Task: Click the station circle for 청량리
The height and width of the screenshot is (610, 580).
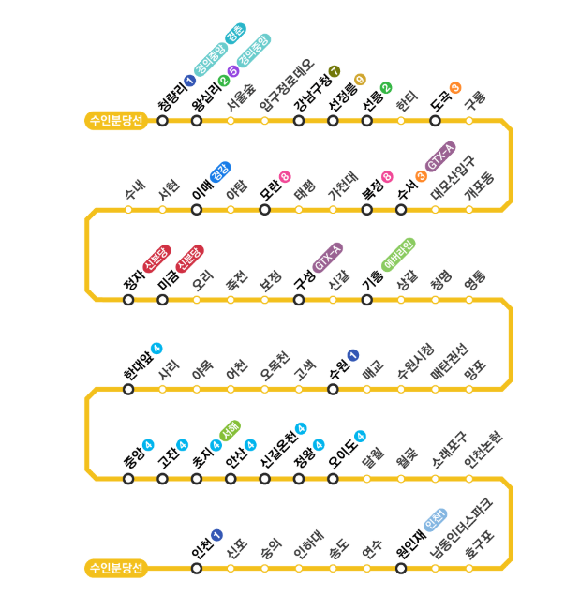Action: [x=163, y=121]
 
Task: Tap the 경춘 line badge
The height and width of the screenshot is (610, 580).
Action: [x=235, y=33]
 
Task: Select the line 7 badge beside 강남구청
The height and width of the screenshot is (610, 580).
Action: [x=335, y=71]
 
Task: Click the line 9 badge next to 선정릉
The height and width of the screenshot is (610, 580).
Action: [x=360, y=80]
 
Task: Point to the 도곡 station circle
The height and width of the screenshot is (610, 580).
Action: [x=435, y=121]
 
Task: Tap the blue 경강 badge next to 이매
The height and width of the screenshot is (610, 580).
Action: [x=220, y=171]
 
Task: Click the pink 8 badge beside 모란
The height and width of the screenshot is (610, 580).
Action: [x=285, y=177]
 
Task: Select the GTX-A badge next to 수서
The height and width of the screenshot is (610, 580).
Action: [x=440, y=156]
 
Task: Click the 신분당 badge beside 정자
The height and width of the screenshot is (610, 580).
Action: [x=156, y=259]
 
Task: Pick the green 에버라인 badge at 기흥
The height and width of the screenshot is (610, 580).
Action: [x=398, y=255]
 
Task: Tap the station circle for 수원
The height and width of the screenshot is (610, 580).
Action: [x=333, y=389]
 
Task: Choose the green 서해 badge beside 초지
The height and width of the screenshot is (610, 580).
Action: [x=230, y=431]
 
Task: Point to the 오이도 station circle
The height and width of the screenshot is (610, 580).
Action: [x=333, y=479]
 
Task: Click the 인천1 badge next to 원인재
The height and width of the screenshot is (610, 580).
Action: [x=436, y=519]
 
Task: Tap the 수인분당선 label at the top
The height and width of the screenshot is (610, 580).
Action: [x=116, y=121]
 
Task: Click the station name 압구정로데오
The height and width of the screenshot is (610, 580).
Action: [x=287, y=85]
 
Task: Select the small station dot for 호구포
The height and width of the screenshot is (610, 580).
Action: [x=469, y=569]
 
